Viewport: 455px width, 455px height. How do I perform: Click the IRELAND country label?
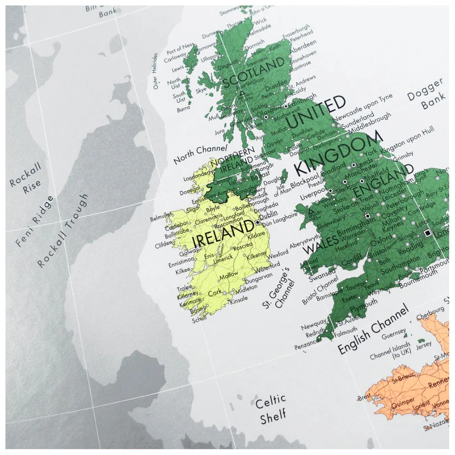point(224,234)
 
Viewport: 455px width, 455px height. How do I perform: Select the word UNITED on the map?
point(316,113)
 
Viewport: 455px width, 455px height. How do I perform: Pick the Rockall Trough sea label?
point(63,230)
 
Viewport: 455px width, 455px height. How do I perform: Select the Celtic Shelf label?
point(270,409)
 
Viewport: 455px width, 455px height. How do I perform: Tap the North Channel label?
point(199,151)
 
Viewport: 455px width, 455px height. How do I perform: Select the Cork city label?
point(214,292)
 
